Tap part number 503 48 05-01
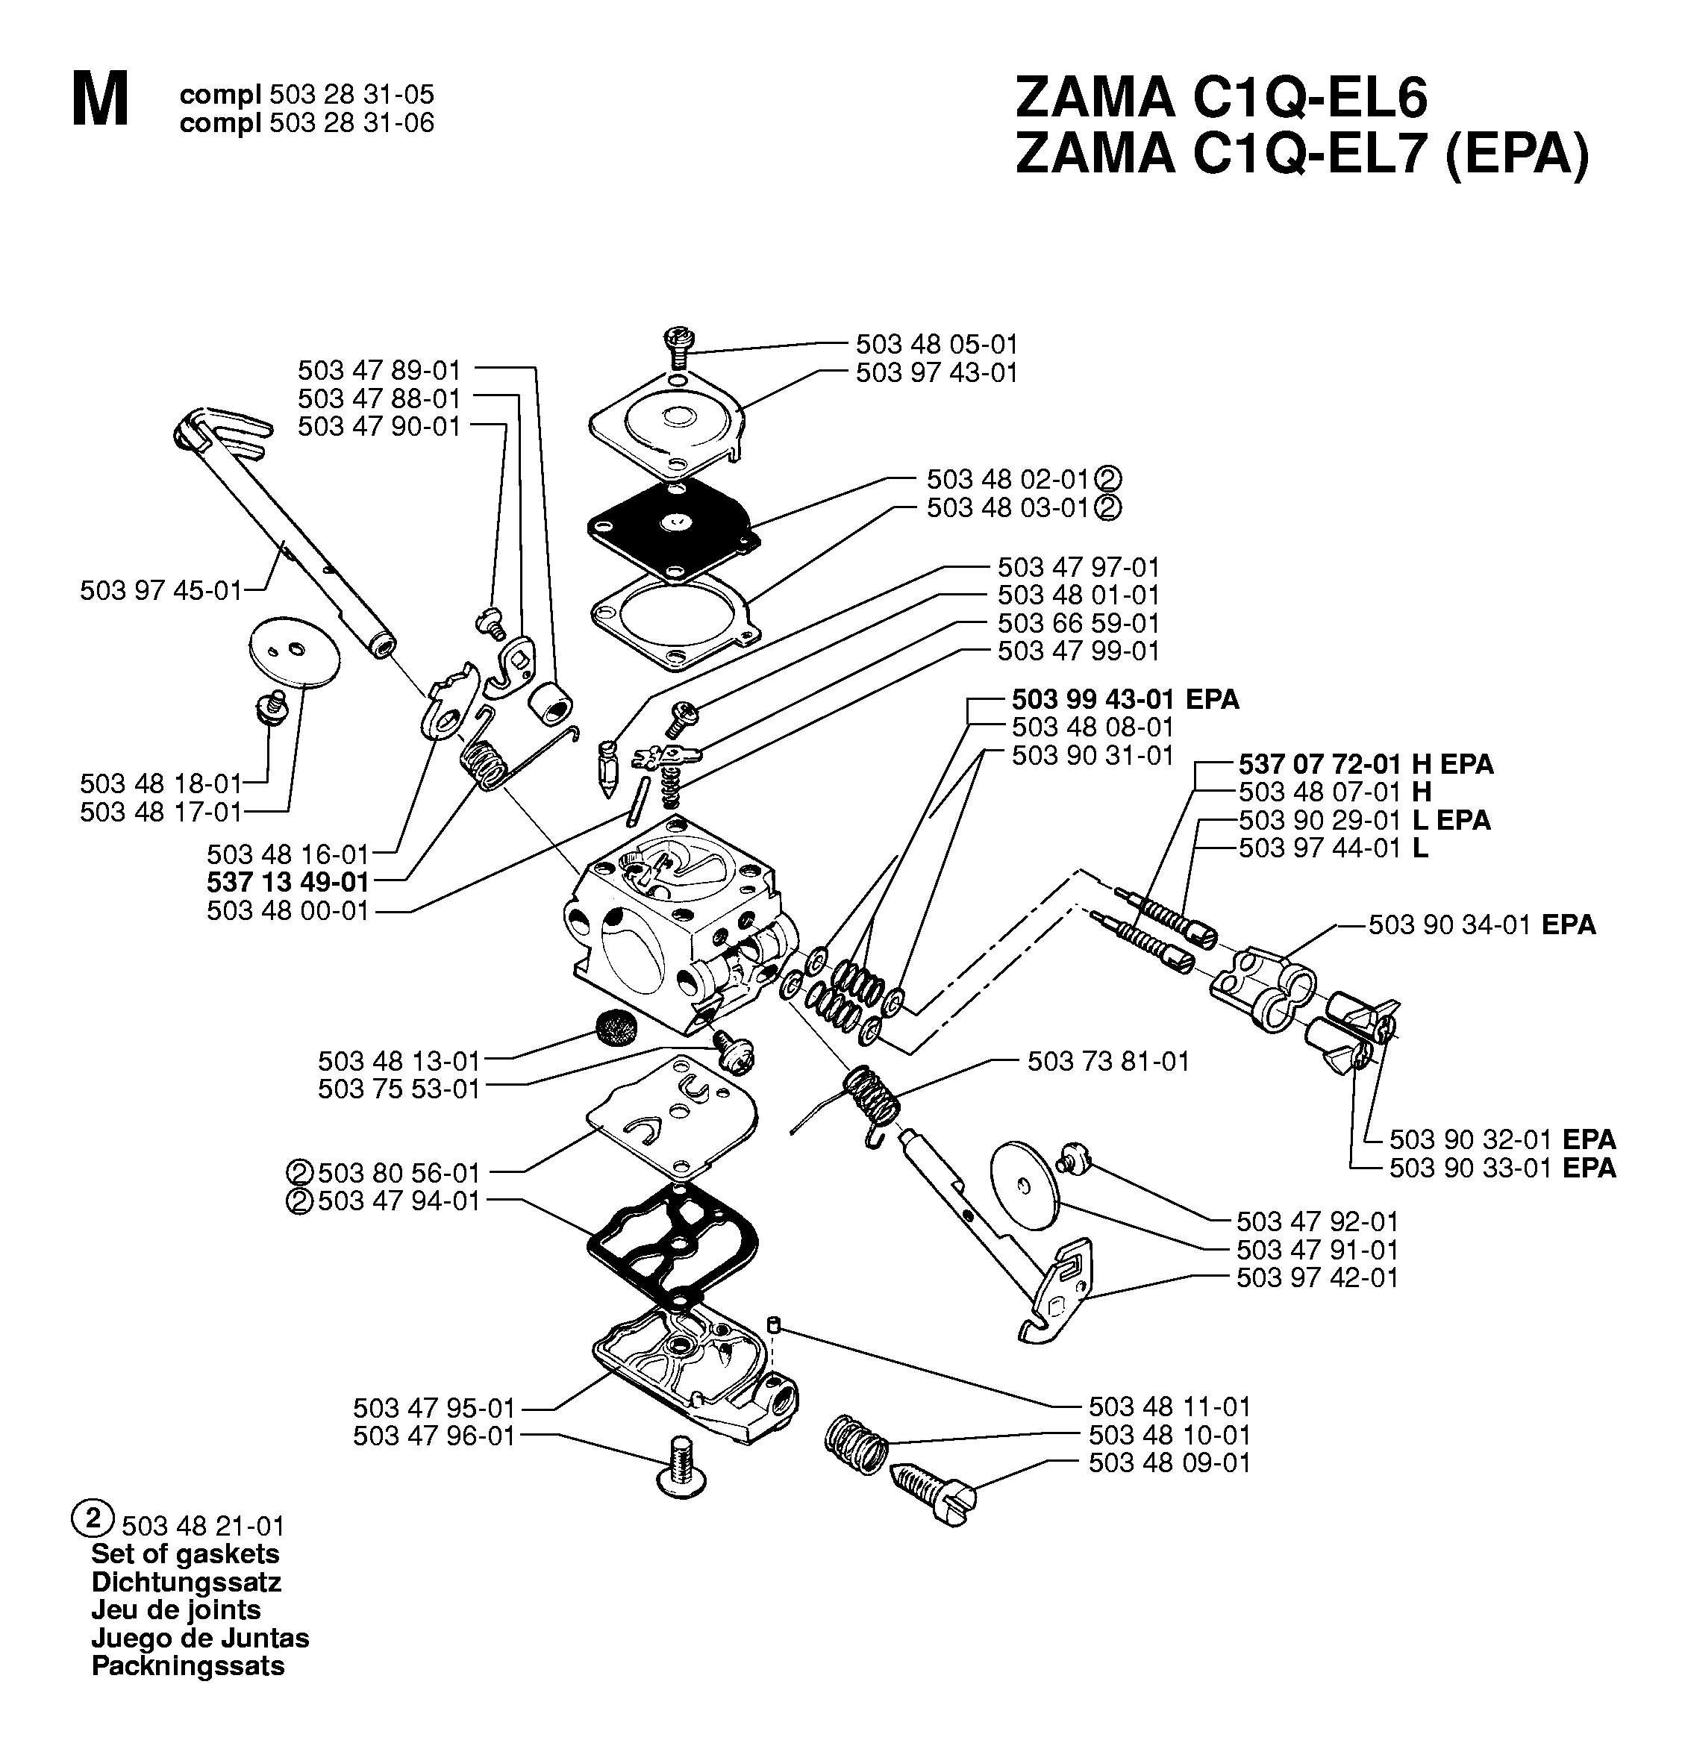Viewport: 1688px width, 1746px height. pos(937,344)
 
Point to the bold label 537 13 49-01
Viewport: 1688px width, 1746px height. pos(287,882)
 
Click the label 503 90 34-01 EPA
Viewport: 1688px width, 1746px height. pos(1482,924)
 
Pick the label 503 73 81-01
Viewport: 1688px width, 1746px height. pos(1108,1061)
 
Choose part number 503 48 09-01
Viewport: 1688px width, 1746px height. pos(1169,1462)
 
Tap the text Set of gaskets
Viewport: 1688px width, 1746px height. pos(185,1553)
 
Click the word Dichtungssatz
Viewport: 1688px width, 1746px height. pos(186,1582)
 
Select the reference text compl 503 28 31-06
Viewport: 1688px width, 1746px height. pos(307,122)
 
